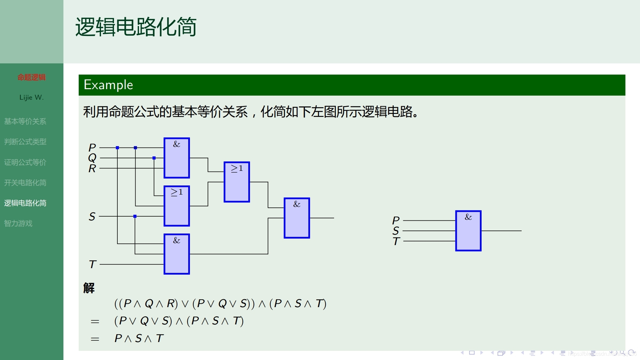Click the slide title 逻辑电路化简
click(136, 27)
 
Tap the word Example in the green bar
click(108, 85)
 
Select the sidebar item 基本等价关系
click(25, 121)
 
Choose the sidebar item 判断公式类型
click(25, 142)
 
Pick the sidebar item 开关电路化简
click(25, 183)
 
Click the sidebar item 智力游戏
click(18, 223)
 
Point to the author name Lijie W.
click(31, 98)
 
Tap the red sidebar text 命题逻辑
click(32, 77)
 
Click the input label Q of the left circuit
click(92, 158)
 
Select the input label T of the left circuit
click(93, 264)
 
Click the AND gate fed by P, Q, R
click(176, 158)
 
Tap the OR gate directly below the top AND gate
click(176, 206)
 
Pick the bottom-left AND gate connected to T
click(176, 254)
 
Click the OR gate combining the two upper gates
click(237, 182)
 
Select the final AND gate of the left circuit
click(297, 218)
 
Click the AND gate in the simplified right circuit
click(468, 231)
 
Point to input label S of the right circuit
click(396, 231)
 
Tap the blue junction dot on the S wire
click(135, 216)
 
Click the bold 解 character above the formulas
click(89, 288)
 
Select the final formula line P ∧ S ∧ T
click(139, 338)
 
